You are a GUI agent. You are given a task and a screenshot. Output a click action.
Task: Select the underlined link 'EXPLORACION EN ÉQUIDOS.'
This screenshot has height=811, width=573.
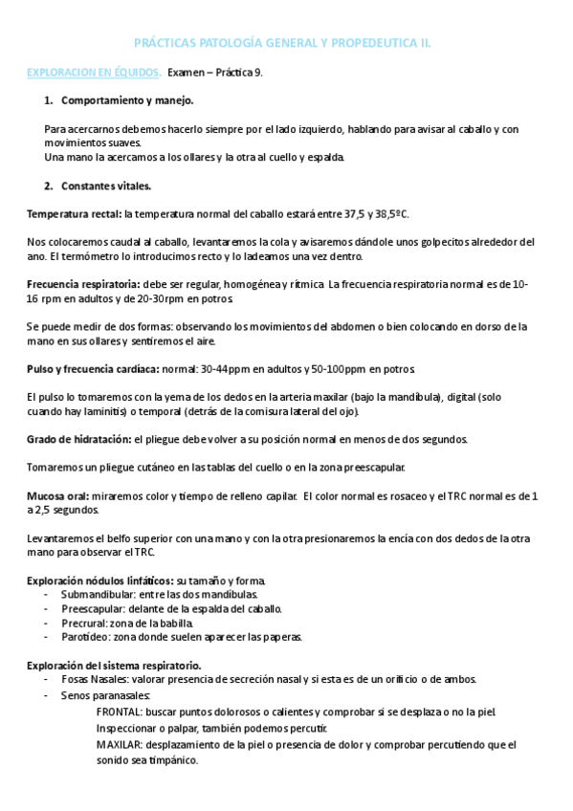(93, 72)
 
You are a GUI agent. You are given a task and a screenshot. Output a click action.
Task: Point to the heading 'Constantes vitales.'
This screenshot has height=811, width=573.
(105, 186)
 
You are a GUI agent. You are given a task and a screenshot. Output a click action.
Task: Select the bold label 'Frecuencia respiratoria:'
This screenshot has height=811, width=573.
(84, 284)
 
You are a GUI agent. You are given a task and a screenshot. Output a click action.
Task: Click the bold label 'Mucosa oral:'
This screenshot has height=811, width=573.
(58, 495)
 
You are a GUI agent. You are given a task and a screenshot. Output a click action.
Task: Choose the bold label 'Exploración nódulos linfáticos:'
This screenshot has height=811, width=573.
(99, 581)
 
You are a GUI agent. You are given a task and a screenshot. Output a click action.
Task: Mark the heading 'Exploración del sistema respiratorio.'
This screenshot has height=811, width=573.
(114, 665)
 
